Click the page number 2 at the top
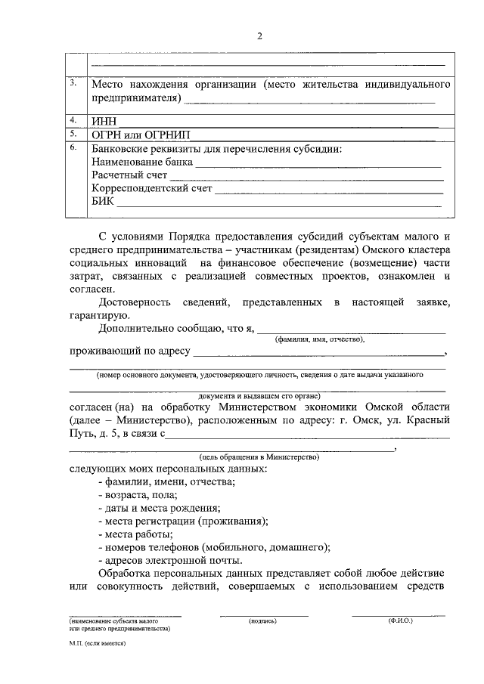[x=259, y=36]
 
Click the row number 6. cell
[x=73, y=147]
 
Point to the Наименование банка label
[x=142, y=162]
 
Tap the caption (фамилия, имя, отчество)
[x=320, y=340]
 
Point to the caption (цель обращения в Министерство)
[x=259, y=457]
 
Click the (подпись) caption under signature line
[x=263, y=621]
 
